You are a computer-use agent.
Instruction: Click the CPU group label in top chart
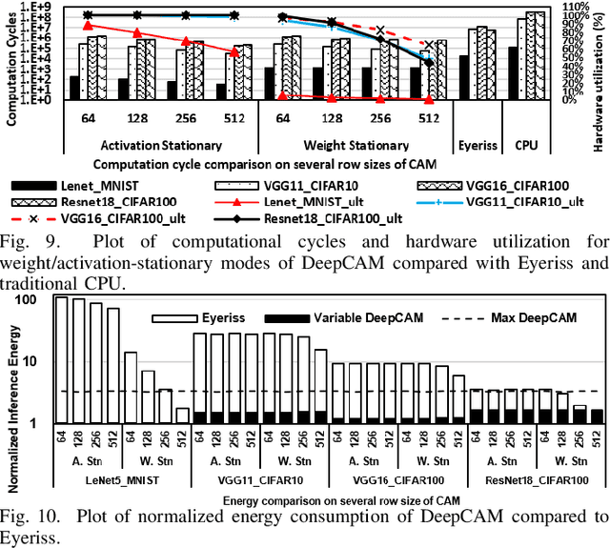pyautogui.click(x=525, y=145)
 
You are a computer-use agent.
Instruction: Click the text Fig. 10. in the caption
pyautogui.click(x=30, y=518)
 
